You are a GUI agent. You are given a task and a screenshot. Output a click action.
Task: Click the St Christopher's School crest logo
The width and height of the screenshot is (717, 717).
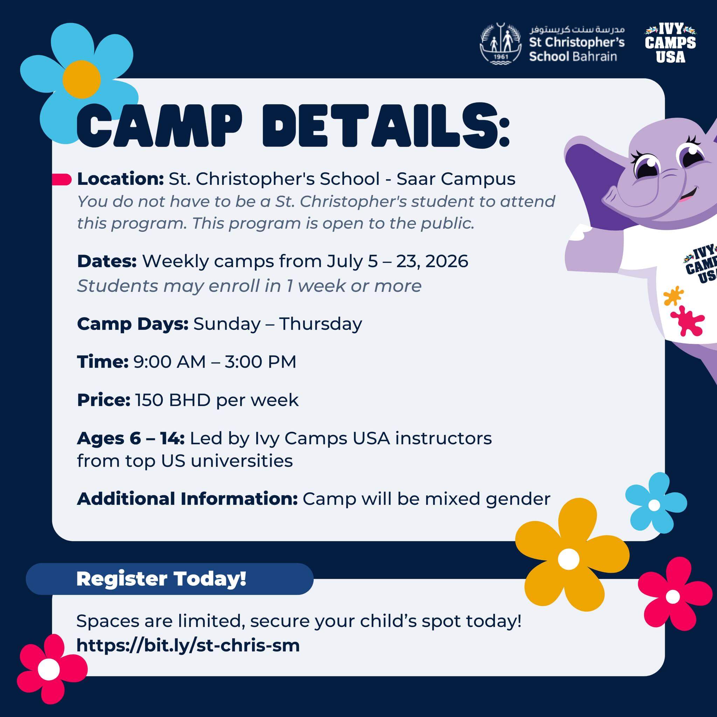coord(501,44)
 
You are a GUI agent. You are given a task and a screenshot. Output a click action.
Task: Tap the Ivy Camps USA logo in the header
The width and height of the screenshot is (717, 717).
coord(670,43)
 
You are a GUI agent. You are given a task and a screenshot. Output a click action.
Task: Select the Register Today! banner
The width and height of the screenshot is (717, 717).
coord(169,579)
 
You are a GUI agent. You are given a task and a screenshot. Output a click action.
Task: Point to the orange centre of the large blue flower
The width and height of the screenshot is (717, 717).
coord(81,79)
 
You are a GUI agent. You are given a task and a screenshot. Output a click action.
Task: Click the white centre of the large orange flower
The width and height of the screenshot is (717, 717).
coord(569,559)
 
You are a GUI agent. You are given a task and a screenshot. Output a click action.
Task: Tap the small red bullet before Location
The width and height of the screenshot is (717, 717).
coord(62,179)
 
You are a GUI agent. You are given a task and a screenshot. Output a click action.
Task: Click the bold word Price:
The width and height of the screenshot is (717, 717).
coord(104,400)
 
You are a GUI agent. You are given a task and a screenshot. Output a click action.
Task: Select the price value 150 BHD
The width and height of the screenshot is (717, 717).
coord(173,400)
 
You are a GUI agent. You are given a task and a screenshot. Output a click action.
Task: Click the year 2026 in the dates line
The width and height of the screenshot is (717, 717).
coord(447,261)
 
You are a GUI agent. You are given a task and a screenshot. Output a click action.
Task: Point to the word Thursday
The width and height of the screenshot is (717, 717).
coord(320,324)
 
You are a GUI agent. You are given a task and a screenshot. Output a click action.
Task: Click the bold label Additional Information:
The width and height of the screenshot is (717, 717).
coord(187,499)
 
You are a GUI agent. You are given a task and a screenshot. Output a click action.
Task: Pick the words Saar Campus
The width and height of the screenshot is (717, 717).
coord(456,179)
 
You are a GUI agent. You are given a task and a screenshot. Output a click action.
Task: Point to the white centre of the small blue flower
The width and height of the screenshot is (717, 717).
coord(654,505)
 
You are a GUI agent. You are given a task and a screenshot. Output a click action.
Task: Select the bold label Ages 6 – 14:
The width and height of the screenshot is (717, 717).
coord(131,439)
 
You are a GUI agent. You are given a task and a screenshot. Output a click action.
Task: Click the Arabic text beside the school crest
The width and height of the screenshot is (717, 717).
coord(577,29)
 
